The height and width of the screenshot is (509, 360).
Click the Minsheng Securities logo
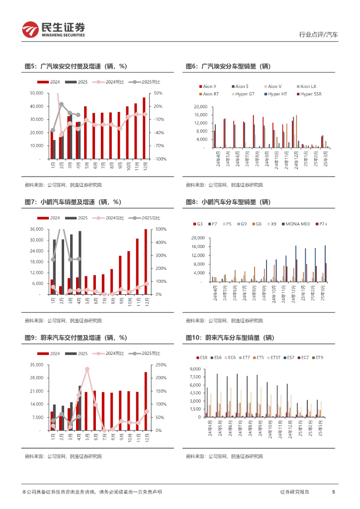coord(54,29)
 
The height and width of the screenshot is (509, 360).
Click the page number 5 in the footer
coord(333,492)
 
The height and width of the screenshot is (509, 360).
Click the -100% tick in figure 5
coord(159,159)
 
